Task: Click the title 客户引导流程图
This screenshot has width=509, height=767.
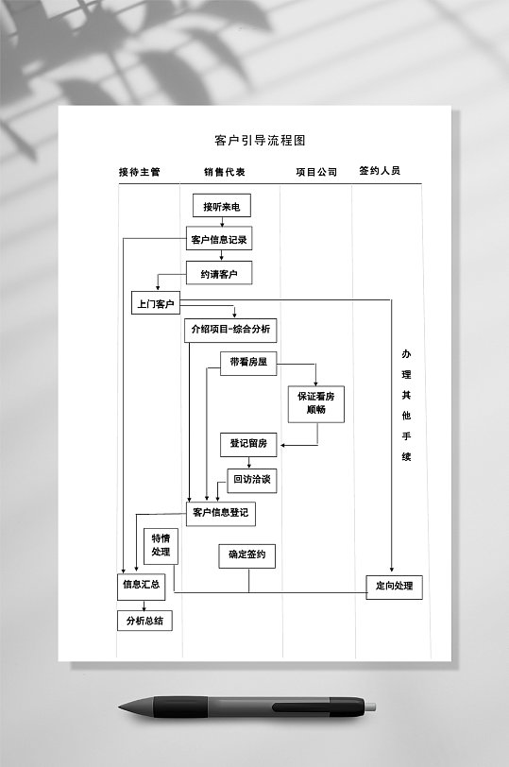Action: tap(261, 141)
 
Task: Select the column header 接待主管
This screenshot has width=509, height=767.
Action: tap(139, 172)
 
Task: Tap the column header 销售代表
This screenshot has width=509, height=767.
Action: tap(224, 172)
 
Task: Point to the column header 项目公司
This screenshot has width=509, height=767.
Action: tap(315, 172)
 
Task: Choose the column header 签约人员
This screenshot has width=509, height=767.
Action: tap(380, 171)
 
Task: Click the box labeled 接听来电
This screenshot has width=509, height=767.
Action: tap(222, 206)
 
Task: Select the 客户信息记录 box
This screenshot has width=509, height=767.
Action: tap(219, 239)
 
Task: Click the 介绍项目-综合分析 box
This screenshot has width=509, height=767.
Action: tap(230, 330)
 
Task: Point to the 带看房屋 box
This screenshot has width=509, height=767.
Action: tap(248, 364)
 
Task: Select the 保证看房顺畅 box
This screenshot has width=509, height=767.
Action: tap(316, 403)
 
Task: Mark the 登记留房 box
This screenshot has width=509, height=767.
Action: tap(249, 443)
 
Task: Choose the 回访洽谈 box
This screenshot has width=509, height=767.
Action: tap(252, 479)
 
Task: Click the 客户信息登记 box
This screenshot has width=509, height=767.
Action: tap(220, 513)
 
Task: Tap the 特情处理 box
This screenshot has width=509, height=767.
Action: tap(161, 545)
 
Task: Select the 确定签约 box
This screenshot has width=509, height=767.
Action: tap(247, 554)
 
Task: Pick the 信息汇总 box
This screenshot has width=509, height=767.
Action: tap(141, 585)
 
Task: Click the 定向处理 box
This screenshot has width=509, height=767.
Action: tap(394, 586)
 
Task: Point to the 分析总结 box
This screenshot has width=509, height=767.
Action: tap(144, 621)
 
